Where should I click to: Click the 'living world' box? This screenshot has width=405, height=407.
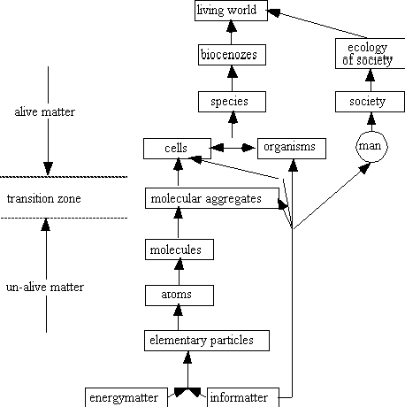[x=231, y=11]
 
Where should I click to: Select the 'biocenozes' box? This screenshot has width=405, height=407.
[x=232, y=55]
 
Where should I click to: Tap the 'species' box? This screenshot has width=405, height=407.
[x=232, y=102]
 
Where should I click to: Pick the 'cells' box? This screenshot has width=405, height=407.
[x=177, y=149]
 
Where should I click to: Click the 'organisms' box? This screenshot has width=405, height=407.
[x=292, y=149]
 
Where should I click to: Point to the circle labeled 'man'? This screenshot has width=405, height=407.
[x=372, y=147]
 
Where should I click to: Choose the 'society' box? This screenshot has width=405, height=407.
[x=370, y=102]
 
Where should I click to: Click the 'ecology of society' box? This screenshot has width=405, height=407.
[x=370, y=53]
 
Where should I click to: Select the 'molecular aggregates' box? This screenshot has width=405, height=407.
[x=212, y=198]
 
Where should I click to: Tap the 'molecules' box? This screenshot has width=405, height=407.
[x=180, y=250]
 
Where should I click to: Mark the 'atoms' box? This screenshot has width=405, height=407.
[x=180, y=296]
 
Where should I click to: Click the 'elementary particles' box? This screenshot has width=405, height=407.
[x=207, y=341]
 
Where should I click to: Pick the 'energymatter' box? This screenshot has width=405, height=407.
[x=126, y=397]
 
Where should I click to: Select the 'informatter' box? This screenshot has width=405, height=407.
[x=243, y=397]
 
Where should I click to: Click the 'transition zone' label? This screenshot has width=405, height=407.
[x=44, y=198]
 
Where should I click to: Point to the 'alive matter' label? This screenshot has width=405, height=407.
[x=45, y=111]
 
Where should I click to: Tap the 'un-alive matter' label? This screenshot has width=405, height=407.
[x=45, y=287]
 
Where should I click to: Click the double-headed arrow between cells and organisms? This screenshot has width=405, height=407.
[x=233, y=148]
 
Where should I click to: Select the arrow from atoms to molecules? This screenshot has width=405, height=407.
[x=179, y=272]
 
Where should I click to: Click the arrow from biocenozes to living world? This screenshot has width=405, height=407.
[x=232, y=33]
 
